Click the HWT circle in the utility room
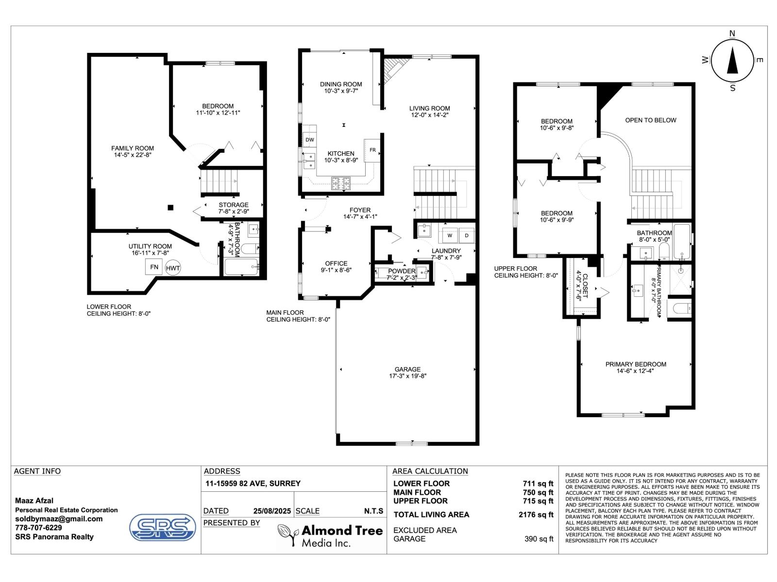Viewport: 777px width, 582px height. click(x=173, y=268)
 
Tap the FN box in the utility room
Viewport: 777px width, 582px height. click(x=154, y=267)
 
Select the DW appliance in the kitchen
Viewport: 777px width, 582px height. click(x=309, y=140)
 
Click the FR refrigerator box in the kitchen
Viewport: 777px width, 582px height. click(x=372, y=150)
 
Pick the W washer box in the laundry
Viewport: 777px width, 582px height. click(x=449, y=236)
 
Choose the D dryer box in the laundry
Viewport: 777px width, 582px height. click(x=466, y=236)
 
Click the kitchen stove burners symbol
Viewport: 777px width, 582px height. click(x=341, y=183)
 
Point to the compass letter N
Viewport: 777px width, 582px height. click(x=732, y=33)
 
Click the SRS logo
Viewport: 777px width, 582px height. click(x=163, y=527)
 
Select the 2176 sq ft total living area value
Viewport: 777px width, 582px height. click(x=536, y=515)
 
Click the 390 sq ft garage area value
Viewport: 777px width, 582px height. click(x=539, y=539)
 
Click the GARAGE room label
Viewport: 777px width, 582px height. click(x=407, y=369)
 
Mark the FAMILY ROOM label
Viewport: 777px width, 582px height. click(x=133, y=148)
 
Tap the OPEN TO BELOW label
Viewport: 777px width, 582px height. click(x=650, y=120)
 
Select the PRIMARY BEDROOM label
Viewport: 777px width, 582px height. click(x=636, y=364)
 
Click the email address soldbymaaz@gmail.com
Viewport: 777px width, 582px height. click(x=59, y=518)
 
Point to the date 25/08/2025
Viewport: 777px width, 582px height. click(x=272, y=511)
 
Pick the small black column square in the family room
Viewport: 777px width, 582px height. click(x=170, y=208)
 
